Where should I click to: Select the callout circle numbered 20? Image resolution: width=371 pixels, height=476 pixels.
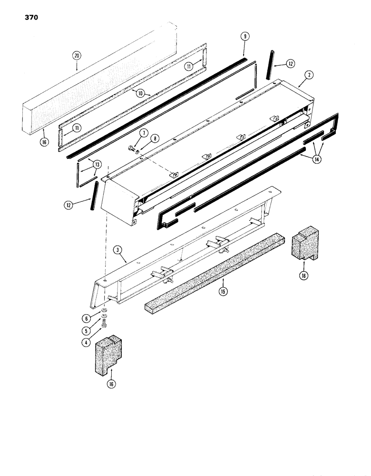(x=77, y=56)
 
